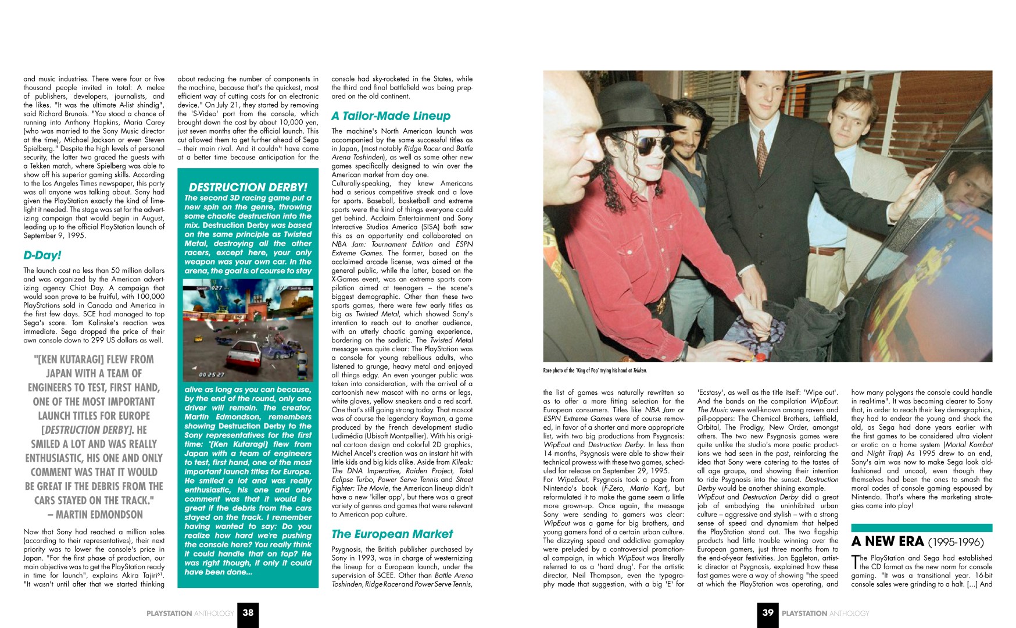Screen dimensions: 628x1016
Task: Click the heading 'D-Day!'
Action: pos(42,255)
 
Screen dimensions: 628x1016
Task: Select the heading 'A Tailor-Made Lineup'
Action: pos(391,116)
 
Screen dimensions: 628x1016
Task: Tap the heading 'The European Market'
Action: pos(392,534)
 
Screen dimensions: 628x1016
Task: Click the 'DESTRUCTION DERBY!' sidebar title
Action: pos(248,187)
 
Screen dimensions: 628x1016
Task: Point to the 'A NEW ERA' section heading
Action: pos(887,541)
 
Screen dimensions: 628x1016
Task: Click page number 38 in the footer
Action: pos(248,612)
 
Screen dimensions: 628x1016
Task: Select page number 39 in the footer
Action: pos(768,612)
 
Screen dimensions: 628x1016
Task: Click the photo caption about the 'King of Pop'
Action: pos(595,370)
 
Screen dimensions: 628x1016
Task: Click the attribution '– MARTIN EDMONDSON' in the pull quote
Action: pos(95,515)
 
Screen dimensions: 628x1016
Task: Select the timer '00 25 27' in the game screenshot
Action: pos(212,374)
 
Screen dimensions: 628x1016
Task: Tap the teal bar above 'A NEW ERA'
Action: pos(921,528)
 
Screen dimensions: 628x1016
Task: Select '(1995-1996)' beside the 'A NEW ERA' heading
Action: pos(956,543)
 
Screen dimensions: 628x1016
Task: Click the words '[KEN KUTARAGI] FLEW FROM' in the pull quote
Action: pos(94,359)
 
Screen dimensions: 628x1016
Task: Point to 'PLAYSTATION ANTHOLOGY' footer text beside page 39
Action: pos(825,613)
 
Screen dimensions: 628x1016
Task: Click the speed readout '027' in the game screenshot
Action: pos(216,288)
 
